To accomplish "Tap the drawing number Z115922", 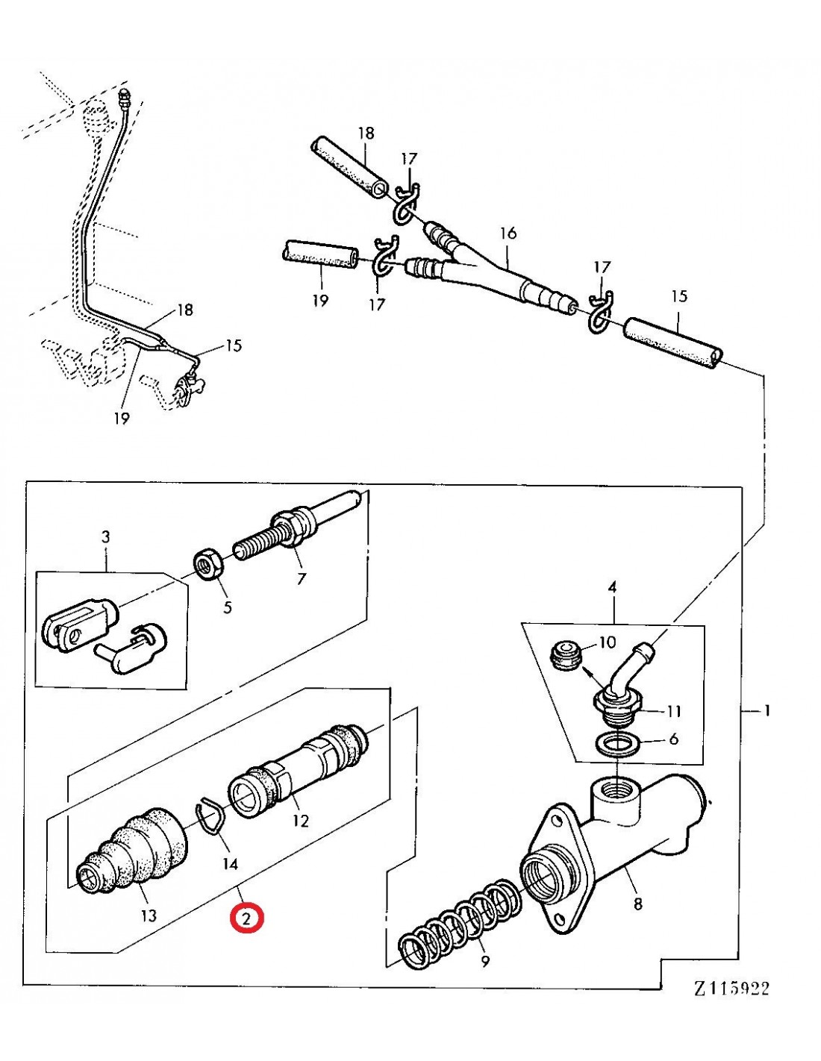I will [x=731, y=988].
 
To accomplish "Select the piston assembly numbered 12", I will [x=299, y=766].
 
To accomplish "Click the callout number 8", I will [x=637, y=904].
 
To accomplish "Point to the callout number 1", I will [x=767, y=711].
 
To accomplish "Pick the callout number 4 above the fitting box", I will [x=612, y=587].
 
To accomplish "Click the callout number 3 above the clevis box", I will [x=105, y=536].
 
